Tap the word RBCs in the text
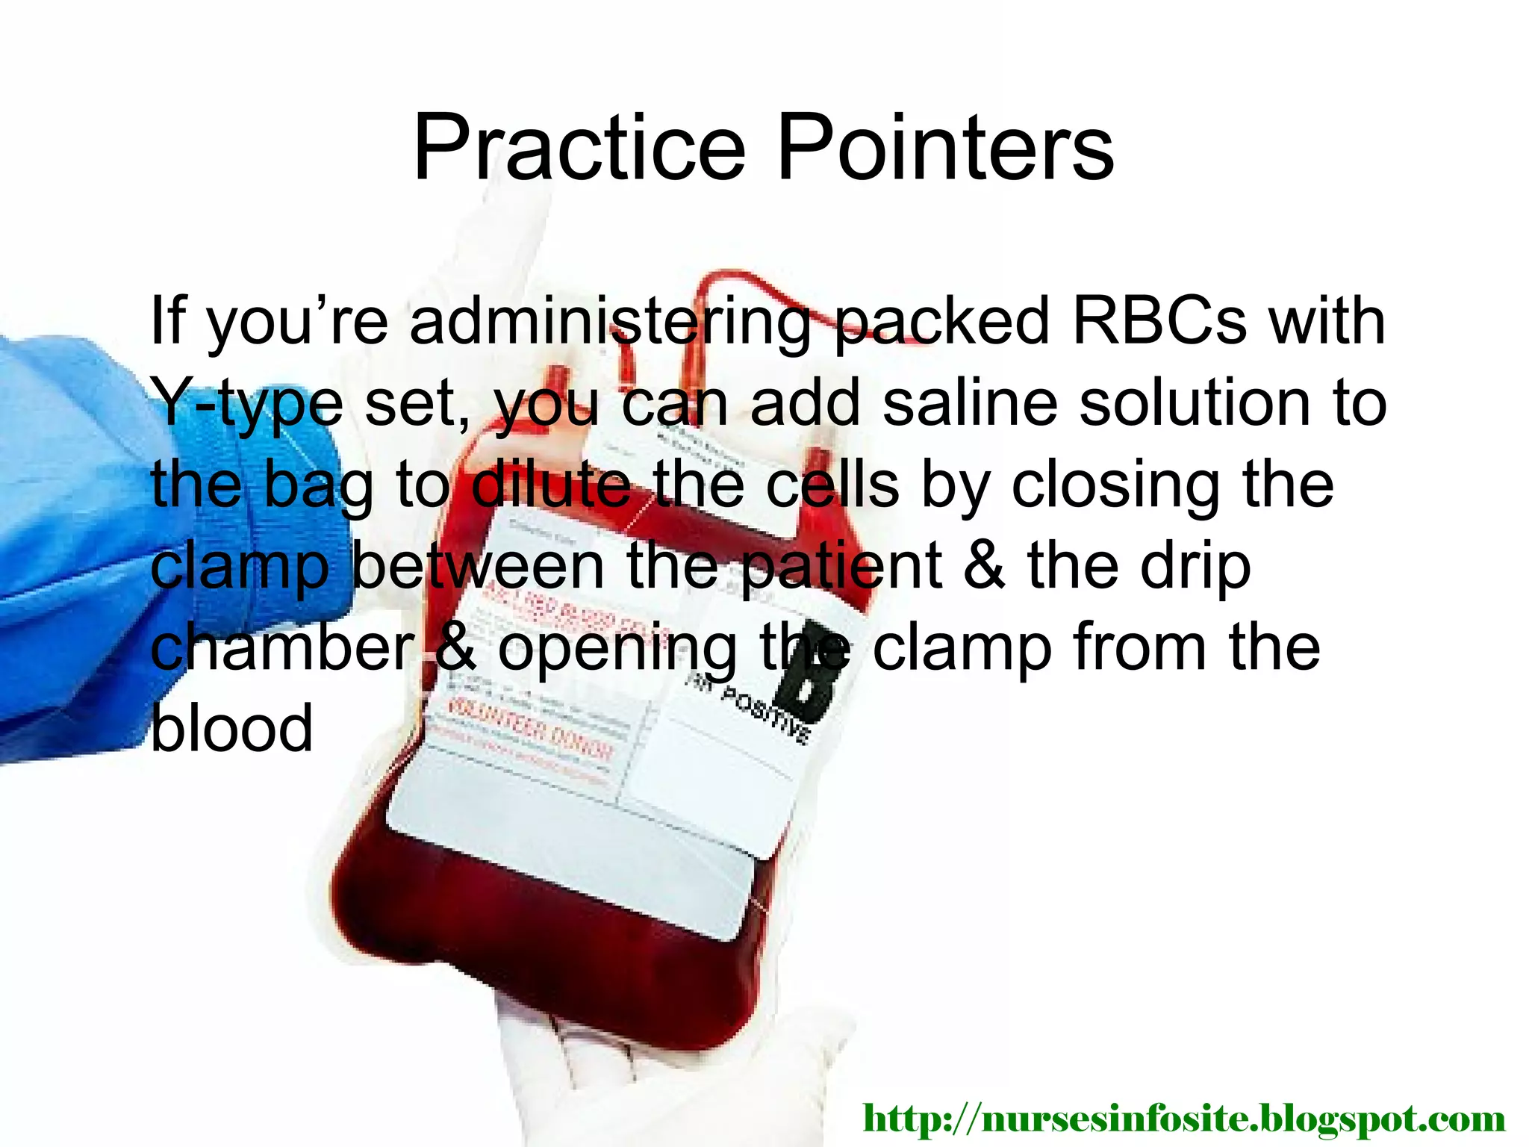(x=1159, y=321)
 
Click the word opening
(x=617, y=648)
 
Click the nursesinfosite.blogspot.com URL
(x=1183, y=1118)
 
